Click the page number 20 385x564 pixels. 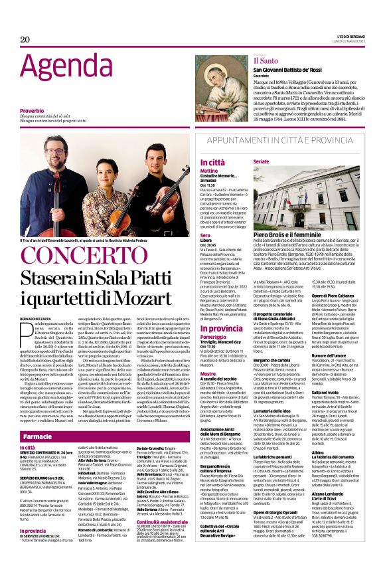coord(25,39)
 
